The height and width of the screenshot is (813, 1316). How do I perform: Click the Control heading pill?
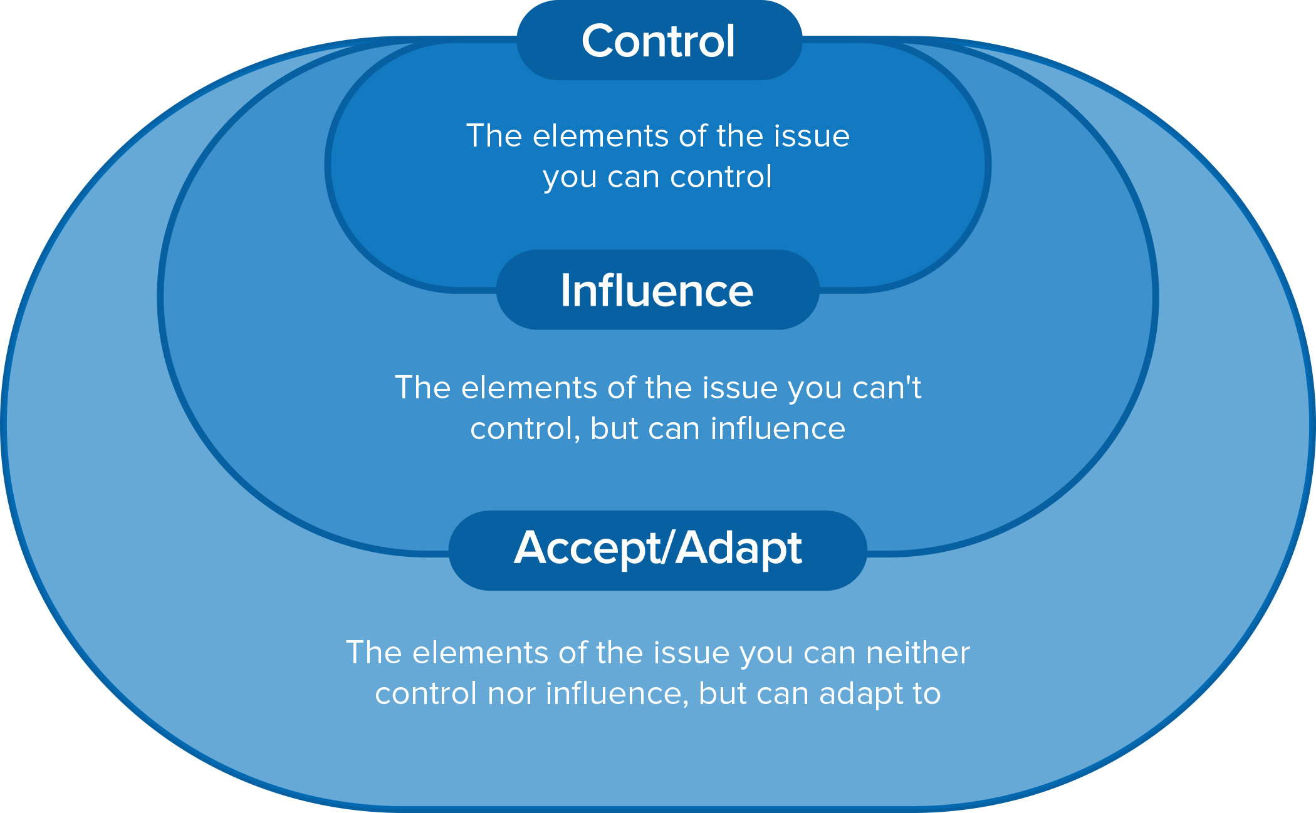coord(658,41)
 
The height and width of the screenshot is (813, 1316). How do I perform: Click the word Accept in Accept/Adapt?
coord(585,549)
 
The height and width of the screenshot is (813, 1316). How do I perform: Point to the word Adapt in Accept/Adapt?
coord(739,549)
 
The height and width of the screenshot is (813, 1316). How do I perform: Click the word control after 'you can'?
coord(721,177)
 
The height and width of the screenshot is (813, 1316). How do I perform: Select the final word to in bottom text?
coord(927,694)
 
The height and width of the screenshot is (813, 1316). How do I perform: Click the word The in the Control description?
coord(494,136)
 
